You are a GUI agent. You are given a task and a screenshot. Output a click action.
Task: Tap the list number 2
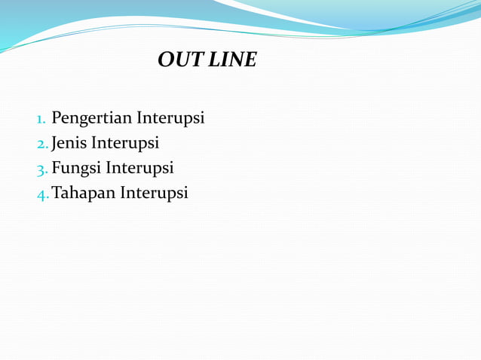click(x=41, y=144)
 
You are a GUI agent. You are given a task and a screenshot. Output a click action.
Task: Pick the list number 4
click(x=42, y=194)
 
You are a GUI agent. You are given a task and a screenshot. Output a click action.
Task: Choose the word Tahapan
click(x=83, y=193)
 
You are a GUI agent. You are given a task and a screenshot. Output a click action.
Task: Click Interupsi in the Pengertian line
click(x=170, y=119)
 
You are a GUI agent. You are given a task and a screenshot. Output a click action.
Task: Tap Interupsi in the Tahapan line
click(x=153, y=193)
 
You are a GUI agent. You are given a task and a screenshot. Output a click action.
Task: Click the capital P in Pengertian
click(x=57, y=118)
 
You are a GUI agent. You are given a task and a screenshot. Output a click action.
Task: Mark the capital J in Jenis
click(x=54, y=143)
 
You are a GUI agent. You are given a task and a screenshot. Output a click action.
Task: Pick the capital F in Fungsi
click(x=56, y=167)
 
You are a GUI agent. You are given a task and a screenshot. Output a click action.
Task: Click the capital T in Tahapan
click(x=56, y=192)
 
